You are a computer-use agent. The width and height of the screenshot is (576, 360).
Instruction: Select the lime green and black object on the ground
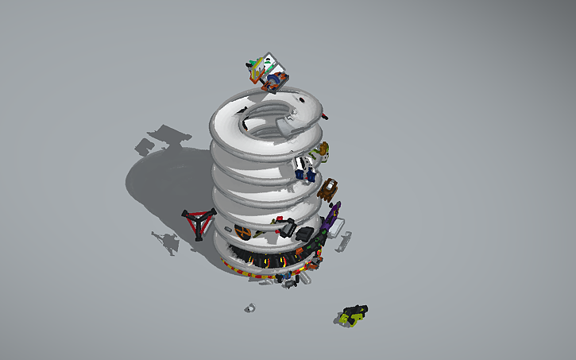pyautogui.click(x=352, y=314)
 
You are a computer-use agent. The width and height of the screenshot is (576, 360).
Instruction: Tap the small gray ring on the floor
pyautogui.click(x=249, y=308)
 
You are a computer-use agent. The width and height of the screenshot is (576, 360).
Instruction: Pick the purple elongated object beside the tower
pyautogui.click(x=334, y=215)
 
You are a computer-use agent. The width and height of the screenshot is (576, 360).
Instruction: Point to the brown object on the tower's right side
pyautogui.click(x=328, y=189)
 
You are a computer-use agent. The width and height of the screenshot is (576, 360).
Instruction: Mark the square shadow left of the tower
pyautogui.click(x=145, y=146)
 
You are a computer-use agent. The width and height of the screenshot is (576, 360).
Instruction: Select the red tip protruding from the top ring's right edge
pyautogui.click(x=327, y=118)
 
